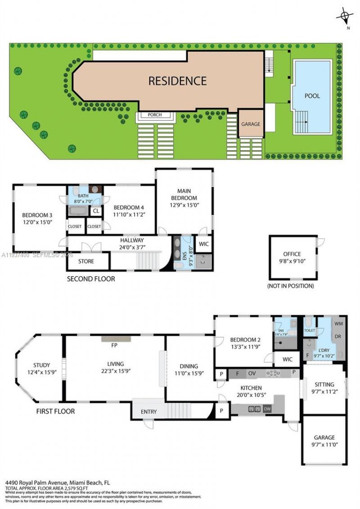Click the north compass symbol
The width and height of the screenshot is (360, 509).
point(345,17)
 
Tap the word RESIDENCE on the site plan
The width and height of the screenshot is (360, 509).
point(177,81)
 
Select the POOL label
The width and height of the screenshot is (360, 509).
point(312,96)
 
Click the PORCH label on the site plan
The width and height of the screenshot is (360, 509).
point(155,115)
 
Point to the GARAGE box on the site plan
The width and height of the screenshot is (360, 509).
point(251,124)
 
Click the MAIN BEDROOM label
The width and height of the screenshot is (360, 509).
point(184,194)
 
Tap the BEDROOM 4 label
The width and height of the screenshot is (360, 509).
point(129,207)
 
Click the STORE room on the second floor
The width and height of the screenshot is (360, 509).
point(86,261)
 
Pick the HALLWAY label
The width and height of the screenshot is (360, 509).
point(132,241)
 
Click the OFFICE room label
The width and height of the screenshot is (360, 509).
point(292,254)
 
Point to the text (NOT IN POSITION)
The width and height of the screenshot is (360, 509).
point(290,286)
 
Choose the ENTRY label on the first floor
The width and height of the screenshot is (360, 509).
point(148,411)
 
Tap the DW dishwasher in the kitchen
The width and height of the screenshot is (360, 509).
point(267,409)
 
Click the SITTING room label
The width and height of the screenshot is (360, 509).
point(324,384)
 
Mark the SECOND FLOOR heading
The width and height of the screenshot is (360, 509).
point(91,279)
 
